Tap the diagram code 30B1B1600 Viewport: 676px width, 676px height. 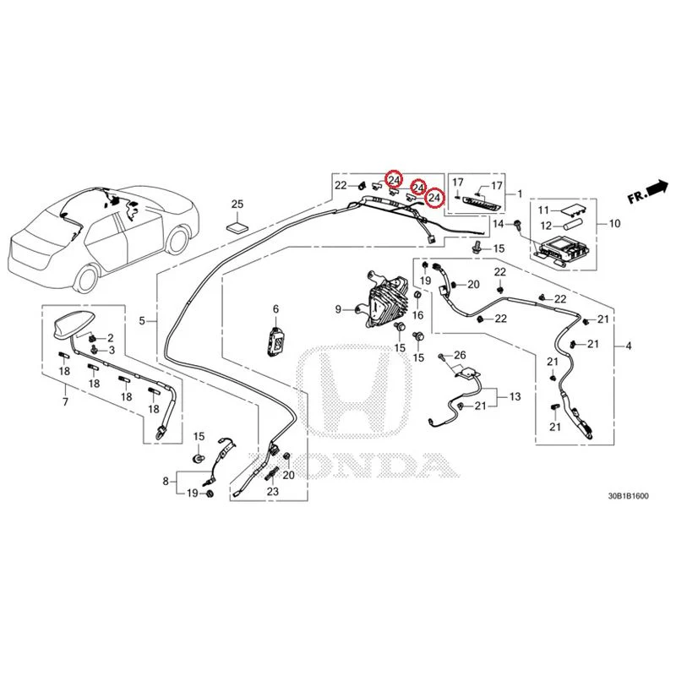tap(628, 496)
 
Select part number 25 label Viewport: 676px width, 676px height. tap(237, 204)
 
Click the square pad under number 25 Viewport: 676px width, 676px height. tap(238, 227)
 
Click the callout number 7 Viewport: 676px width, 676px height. tap(65, 402)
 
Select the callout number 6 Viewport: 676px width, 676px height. tap(276, 309)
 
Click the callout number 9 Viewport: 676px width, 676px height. tap(339, 309)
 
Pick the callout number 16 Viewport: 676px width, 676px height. tap(417, 315)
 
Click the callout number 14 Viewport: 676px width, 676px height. tap(499, 224)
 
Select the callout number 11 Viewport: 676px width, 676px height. tap(543, 210)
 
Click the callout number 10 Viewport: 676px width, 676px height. tap(615, 223)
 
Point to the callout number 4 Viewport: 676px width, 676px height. tap(629, 346)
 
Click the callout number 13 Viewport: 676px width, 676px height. tap(515, 396)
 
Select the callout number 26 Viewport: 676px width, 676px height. tap(460, 355)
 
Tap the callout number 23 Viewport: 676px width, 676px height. tap(273, 491)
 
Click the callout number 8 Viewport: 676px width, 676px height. tap(166, 481)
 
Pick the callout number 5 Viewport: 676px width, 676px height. tap(142, 321)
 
